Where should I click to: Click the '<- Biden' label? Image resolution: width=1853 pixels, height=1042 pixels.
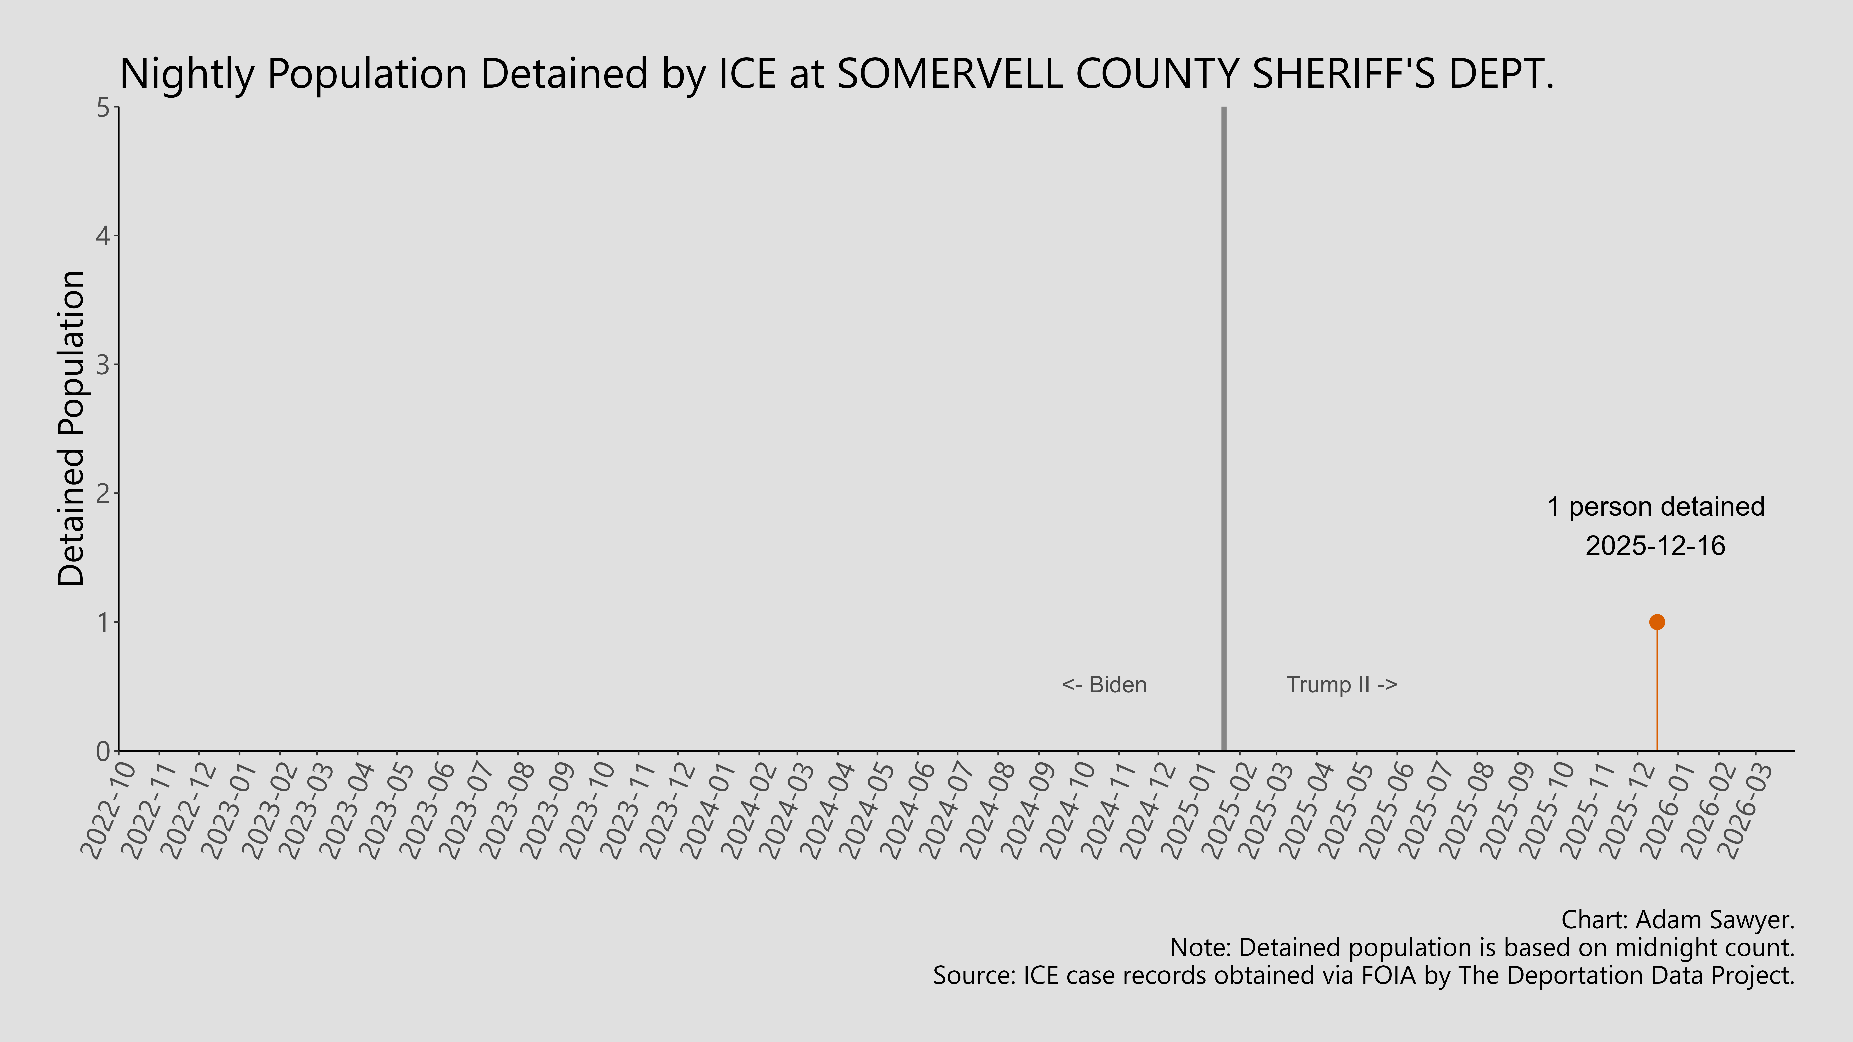point(1104,685)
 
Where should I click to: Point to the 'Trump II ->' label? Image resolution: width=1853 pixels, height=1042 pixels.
point(1341,685)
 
